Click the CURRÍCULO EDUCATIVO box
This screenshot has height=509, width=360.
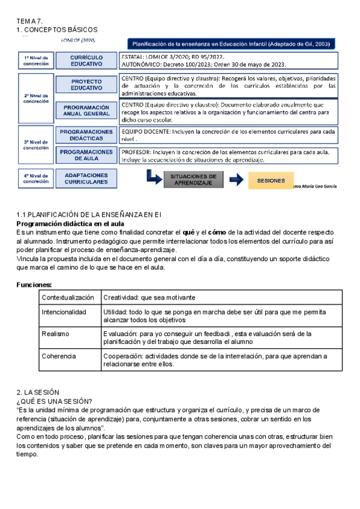tap(86, 60)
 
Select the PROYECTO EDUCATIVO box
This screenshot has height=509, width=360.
tap(86, 85)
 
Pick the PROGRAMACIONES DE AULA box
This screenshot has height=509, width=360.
tap(86, 155)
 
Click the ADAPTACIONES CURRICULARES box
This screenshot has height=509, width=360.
tap(86, 178)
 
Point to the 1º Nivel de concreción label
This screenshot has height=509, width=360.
tap(36, 60)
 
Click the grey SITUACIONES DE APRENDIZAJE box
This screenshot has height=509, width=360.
tap(193, 179)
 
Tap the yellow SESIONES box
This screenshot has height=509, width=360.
tap(267, 180)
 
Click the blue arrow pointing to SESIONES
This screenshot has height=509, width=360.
tap(236, 179)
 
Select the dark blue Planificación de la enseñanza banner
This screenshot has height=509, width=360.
tap(231, 44)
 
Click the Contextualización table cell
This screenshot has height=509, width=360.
tap(68, 298)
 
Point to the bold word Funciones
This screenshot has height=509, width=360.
tap(34, 285)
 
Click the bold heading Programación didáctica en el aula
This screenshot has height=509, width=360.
tap(70, 224)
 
